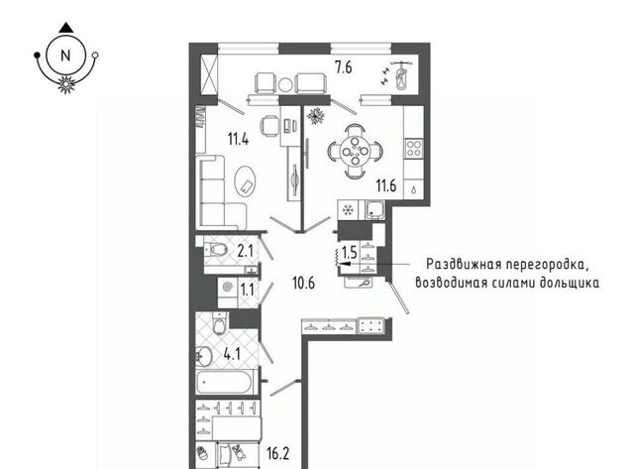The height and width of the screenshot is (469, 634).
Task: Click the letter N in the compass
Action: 65,56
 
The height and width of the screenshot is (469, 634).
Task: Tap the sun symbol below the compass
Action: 66,84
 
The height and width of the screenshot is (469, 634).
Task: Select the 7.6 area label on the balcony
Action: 343,67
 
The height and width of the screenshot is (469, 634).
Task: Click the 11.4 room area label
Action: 238,139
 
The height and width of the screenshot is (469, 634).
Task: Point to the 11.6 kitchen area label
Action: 386,185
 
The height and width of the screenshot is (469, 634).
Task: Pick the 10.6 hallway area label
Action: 304,283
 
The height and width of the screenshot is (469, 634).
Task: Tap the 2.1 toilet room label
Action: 245,252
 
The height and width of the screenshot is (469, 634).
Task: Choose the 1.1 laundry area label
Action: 247,290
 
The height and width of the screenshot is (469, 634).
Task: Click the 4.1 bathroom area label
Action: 232,355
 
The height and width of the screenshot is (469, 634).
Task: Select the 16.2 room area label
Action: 278,453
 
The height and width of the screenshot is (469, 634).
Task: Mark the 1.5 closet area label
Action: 350,253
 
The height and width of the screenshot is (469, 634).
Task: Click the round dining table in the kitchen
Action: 355,152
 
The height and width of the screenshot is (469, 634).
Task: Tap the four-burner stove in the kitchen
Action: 414,148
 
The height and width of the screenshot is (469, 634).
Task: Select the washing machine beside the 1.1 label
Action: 228,288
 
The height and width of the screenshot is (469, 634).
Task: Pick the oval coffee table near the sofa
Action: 245,180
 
